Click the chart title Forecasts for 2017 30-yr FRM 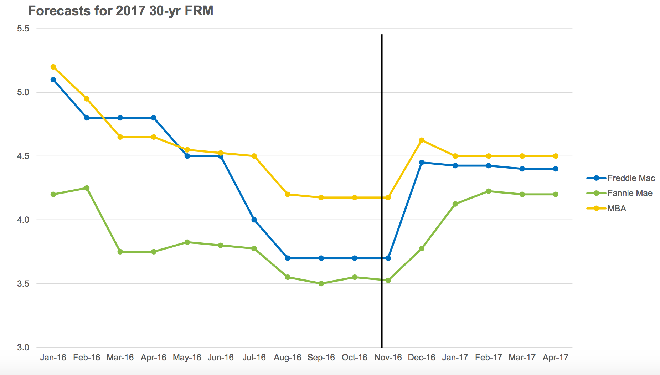pyautogui.click(x=120, y=11)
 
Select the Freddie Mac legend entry pyautogui.click(x=621, y=178)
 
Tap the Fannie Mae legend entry pyautogui.click(x=619, y=193)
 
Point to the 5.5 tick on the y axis pyautogui.click(x=23, y=29)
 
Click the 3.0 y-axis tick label pyautogui.click(x=23, y=347)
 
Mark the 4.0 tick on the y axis pyautogui.click(x=23, y=220)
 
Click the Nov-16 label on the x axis pyautogui.click(x=388, y=358)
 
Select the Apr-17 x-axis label pyautogui.click(x=556, y=358)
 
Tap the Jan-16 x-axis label pyautogui.click(x=53, y=358)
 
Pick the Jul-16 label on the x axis pyautogui.click(x=254, y=358)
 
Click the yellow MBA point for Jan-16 pyautogui.click(x=53, y=67)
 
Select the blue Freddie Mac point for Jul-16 pyautogui.click(x=254, y=220)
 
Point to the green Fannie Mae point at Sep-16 pyautogui.click(x=321, y=284)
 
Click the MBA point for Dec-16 pyautogui.click(x=422, y=140)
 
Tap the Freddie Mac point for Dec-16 pyautogui.click(x=422, y=163)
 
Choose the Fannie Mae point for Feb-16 pyautogui.click(x=87, y=188)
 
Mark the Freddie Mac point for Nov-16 pyautogui.click(x=388, y=258)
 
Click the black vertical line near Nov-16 pyautogui.click(x=382, y=191)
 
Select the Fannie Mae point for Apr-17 pyautogui.click(x=556, y=194)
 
